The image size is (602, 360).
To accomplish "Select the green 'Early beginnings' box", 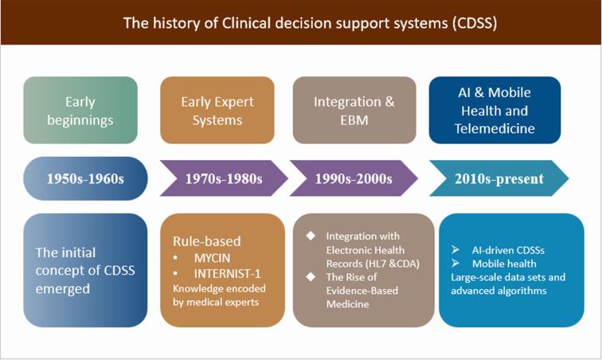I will (80, 111).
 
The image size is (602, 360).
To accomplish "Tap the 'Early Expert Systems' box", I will (217, 111).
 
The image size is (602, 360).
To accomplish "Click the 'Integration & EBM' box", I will (354, 111).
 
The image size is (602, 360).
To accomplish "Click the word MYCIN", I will (211, 259).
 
